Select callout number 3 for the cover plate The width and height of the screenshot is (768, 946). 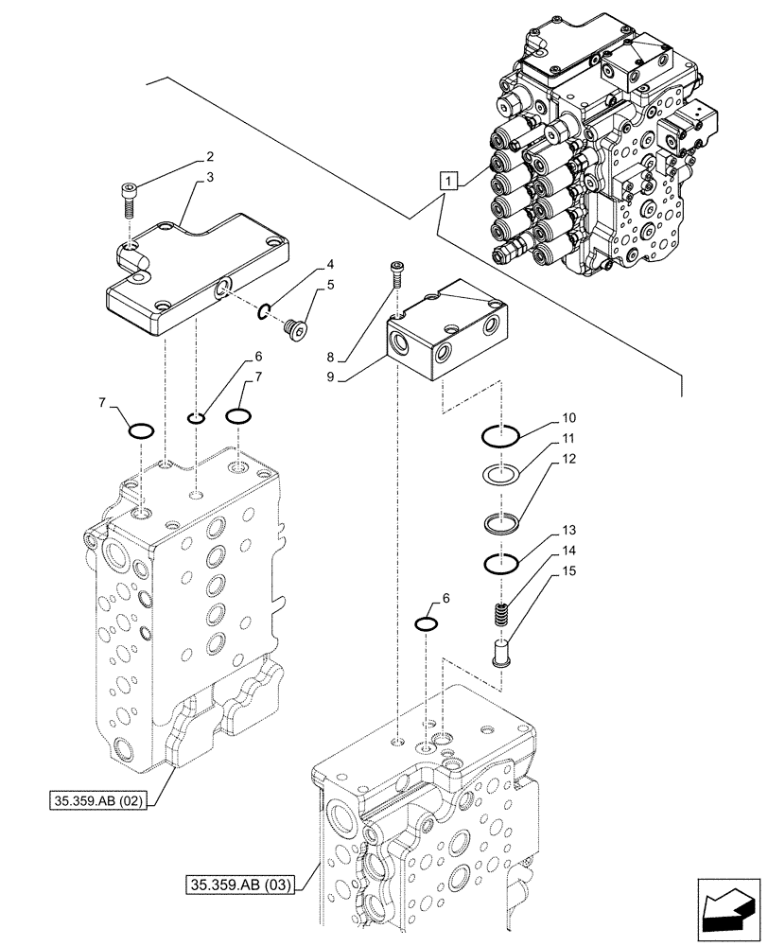coord(209,176)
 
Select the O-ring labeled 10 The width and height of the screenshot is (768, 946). coord(501,436)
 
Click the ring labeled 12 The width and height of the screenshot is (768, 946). coord(501,521)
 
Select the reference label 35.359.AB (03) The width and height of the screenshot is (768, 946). coord(242,885)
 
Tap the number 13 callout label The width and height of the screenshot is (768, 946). coord(567,531)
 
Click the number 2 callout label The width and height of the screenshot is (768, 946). coord(209,156)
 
